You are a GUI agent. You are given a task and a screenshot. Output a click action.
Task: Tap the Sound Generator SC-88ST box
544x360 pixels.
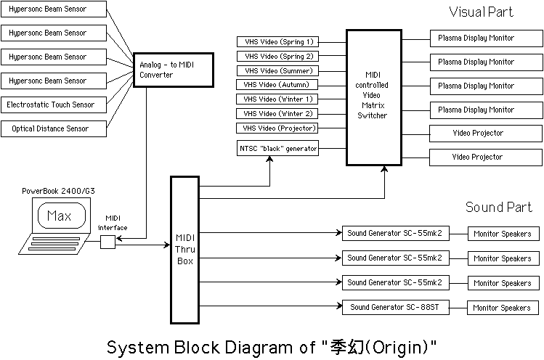coord(395,308)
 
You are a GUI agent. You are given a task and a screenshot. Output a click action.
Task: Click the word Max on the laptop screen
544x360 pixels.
coord(59,216)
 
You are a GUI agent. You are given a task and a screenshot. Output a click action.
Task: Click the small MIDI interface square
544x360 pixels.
coord(107,242)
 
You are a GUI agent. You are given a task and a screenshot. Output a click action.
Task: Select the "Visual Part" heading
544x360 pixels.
coord(480,12)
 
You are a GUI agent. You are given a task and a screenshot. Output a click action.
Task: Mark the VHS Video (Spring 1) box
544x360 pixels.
coord(279,42)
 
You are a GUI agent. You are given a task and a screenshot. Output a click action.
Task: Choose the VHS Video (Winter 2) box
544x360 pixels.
coord(279,113)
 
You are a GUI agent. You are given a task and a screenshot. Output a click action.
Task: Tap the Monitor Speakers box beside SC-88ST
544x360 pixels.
coord(502,308)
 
